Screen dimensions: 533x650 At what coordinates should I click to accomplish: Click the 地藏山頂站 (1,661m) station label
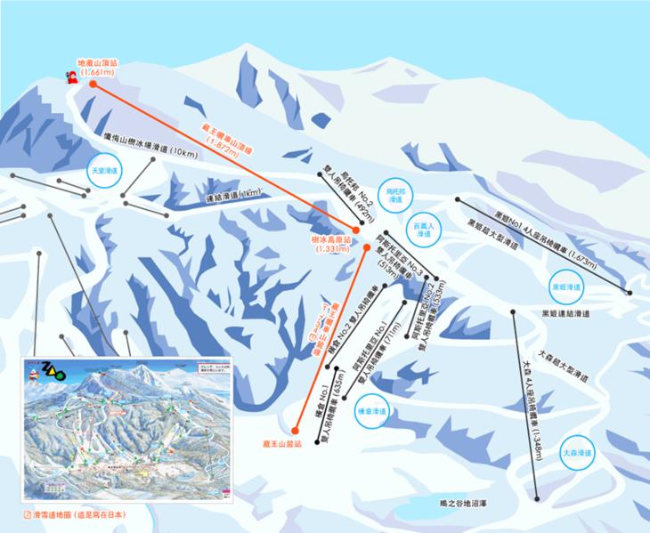point(98,68)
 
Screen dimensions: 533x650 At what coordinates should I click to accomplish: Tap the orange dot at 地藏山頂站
point(93,84)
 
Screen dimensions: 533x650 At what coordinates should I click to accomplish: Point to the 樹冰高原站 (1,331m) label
point(336,245)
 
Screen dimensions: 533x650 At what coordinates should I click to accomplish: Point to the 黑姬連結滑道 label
point(567,313)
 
